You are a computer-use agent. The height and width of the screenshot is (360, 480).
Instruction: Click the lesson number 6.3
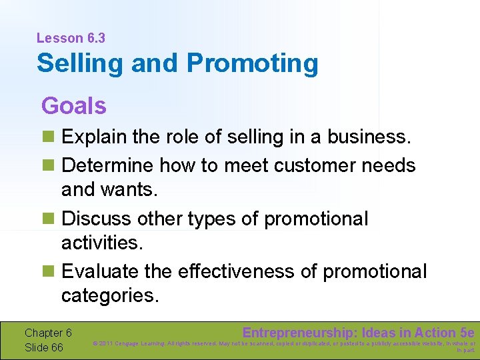pyautogui.click(x=94, y=39)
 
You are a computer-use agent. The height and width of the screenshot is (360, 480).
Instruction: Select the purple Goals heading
pyautogui.click(x=73, y=105)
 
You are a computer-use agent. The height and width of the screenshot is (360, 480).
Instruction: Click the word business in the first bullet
pyautogui.click(x=371, y=138)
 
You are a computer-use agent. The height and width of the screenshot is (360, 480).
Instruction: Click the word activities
pyautogui.click(x=102, y=243)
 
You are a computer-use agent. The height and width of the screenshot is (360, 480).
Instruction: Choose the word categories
pyautogui.click(x=110, y=295)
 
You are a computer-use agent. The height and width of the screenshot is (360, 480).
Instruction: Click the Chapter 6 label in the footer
pyautogui.click(x=48, y=333)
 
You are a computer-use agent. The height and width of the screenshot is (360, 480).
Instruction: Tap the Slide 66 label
pyautogui.click(x=43, y=347)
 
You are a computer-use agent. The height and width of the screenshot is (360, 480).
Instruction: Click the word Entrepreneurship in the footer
pyautogui.click(x=299, y=333)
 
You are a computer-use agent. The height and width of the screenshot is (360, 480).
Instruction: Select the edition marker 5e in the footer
pyautogui.click(x=467, y=333)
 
